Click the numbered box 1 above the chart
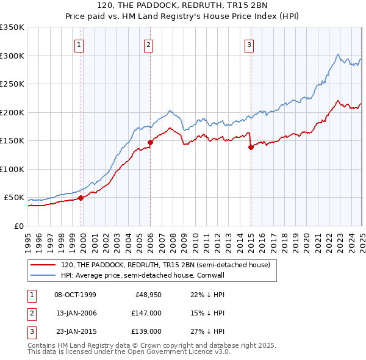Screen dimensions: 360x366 [x=80, y=44]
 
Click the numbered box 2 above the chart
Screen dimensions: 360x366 [x=148, y=44]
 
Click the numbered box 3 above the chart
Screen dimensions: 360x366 [x=249, y=44]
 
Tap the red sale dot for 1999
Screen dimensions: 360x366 [x=81, y=198]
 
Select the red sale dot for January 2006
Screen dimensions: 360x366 [x=150, y=143]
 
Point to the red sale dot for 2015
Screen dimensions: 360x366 [x=251, y=147]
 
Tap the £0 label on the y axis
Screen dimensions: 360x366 [x=20, y=226]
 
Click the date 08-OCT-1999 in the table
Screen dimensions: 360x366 [x=76, y=295]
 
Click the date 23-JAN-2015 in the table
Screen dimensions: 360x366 [x=76, y=331]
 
